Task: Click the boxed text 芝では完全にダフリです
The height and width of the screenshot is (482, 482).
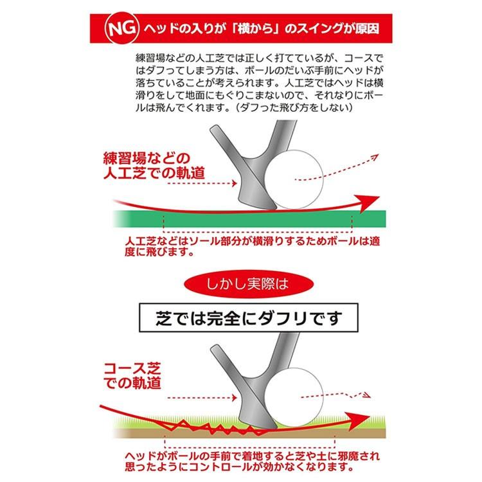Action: pyautogui.click(x=240, y=317)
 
